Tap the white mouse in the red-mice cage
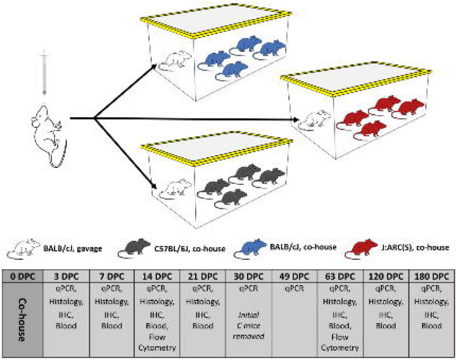[x=315, y=118]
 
